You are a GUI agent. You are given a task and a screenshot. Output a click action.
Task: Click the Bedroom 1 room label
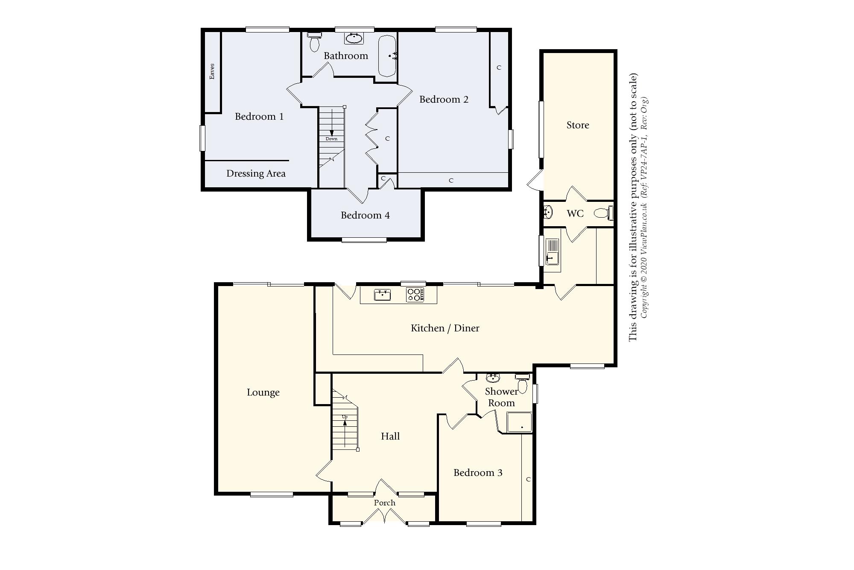(x=259, y=116)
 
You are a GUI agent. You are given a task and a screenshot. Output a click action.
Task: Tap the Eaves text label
(x=212, y=71)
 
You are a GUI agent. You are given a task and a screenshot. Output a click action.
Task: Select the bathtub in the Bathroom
(x=387, y=56)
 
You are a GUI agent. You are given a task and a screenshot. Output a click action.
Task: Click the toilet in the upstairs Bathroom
(x=315, y=43)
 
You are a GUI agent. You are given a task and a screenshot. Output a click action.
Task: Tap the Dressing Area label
(x=256, y=174)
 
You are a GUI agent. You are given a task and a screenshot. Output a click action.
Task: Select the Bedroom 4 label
(x=365, y=215)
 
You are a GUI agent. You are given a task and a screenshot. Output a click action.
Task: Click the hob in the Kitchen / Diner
(x=415, y=295)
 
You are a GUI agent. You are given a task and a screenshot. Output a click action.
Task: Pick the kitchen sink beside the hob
(x=382, y=295)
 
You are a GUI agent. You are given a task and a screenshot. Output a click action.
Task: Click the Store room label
(x=578, y=125)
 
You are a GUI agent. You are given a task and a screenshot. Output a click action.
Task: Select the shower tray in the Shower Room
(x=519, y=422)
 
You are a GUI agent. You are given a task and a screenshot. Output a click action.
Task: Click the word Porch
(x=384, y=503)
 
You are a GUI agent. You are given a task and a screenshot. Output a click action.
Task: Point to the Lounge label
(x=263, y=393)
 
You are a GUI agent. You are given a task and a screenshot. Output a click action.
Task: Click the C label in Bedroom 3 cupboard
(x=528, y=479)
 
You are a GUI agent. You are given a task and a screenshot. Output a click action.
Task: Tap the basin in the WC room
(x=548, y=212)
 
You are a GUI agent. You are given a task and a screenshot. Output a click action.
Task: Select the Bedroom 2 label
(x=444, y=99)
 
